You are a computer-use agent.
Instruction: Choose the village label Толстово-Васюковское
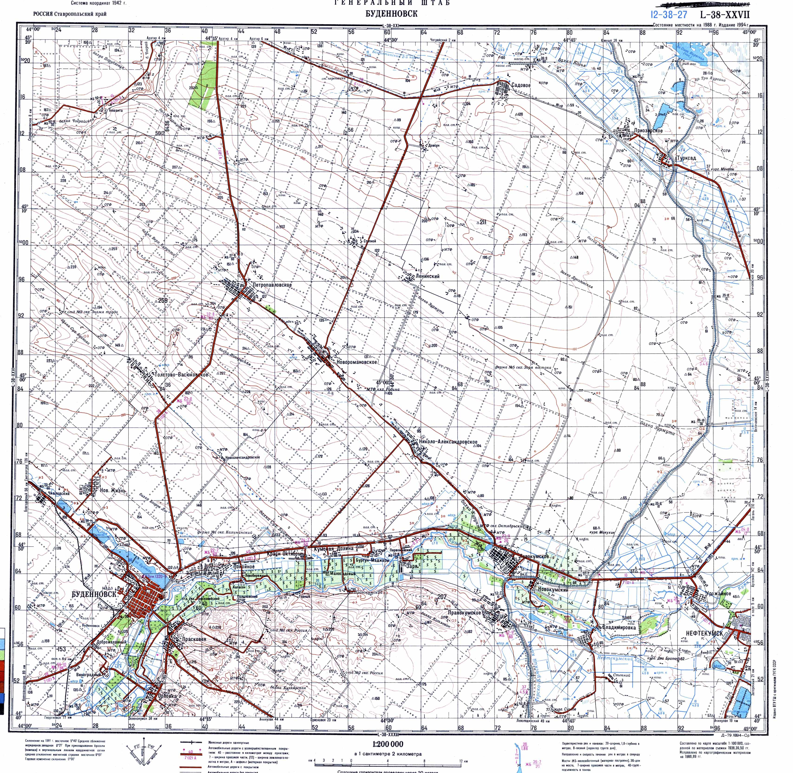[x=181, y=375]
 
